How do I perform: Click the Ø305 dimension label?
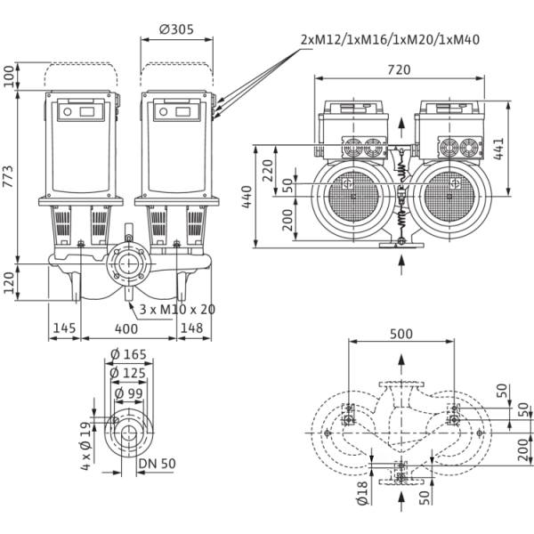pyautogui.click(x=176, y=29)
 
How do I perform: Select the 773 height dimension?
pyautogui.click(x=8, y=176)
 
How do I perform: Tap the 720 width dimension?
pyautogui.click(x=399, y=69)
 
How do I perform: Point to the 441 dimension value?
pyautogui.click(x=498, y=149)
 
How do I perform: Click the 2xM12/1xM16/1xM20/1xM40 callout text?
pyautogui.click(x=391, y=40)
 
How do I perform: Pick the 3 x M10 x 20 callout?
pyautogui.click(x=177, y=310)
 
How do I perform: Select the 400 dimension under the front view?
pyautogui.click(x=126, y=329)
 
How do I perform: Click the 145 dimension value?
pyautogui.click(x=64, y=328)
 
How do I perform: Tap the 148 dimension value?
pyautogui.click(x=191, y=328)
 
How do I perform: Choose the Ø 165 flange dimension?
pyautogui.click(x=128, y=354)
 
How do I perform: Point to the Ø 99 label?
pyautogui.click(x=128, y=393)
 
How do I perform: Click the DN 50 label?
pyautogui.click(x=158, y=464)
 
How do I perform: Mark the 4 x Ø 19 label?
pyautogui.click(x=86, y=446)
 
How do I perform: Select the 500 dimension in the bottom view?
pyautogui.click(x=401, y=334)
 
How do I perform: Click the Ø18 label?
pyautogui.click(x=362, y=493)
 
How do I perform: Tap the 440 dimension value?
pyautogui.click(x=247, y=197)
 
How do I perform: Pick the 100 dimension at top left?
pyautogui.click(x=9, y=77)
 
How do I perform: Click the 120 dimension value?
pyautogui.click(x=9, y=283)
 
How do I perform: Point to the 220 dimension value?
pyautogui.click(x=268, y=171)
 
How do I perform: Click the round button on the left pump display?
pyautogui.click(x=68, y=112)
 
